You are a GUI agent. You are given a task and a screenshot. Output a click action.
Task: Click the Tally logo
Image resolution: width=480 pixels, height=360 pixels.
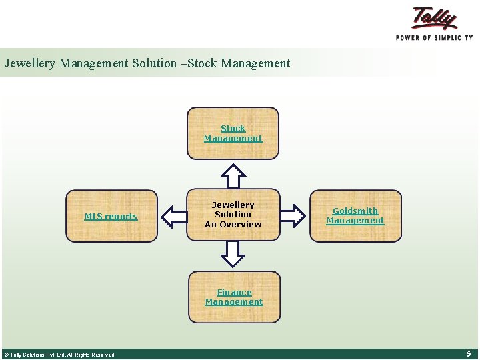(435, 18)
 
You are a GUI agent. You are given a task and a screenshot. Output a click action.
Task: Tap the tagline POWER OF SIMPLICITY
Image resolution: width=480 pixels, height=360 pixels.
(434, 37)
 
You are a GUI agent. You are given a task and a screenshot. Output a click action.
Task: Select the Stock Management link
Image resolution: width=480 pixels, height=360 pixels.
(233, 133)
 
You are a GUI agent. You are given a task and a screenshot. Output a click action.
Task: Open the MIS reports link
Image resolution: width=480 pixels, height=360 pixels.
(111, 216)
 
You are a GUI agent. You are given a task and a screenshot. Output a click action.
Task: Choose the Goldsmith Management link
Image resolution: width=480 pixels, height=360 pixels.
(355, 215)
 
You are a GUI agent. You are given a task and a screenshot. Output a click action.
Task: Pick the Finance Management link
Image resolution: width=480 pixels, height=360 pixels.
(234, 297)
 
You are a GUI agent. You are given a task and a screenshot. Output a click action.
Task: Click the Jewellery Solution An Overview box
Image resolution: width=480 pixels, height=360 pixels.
(233, 215)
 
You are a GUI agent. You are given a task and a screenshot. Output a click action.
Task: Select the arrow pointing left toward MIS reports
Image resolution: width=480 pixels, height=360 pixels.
(175, 215)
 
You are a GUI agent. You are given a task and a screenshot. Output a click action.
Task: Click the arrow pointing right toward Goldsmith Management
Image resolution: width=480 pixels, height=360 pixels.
(292, 215)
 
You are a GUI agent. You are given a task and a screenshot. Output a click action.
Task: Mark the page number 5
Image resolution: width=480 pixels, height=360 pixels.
(469, 353)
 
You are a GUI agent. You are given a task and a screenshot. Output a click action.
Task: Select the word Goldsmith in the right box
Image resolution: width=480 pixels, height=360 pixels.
(355, 211)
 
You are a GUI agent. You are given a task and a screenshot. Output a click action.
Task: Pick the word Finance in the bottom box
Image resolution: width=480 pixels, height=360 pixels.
(234, 292)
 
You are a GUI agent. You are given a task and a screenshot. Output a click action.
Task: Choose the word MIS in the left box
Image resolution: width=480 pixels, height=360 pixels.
(92, 216)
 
